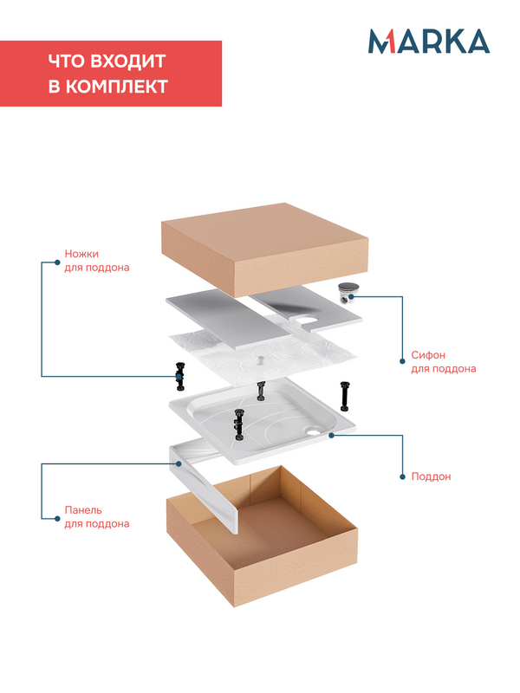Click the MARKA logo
coord(429,41)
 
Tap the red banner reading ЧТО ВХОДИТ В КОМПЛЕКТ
coord(111,74)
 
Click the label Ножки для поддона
coord(97,261)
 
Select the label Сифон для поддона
coord(444,361)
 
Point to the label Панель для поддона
coord(97,516)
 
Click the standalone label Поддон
coord(431,476)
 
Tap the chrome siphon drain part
coord(348,293)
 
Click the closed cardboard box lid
coord(265,249)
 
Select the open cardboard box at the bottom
coord(262,535)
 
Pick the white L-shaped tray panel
coord(204,486)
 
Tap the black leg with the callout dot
coord(180,377)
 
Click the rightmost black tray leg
coord(345,396)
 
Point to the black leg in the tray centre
coord(239,424)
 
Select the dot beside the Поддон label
coord(402,477)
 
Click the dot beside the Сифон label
coord(402,361)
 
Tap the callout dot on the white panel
coord(179,463)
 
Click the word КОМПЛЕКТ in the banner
coord(117,86)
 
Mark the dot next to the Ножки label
coord(57,262)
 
